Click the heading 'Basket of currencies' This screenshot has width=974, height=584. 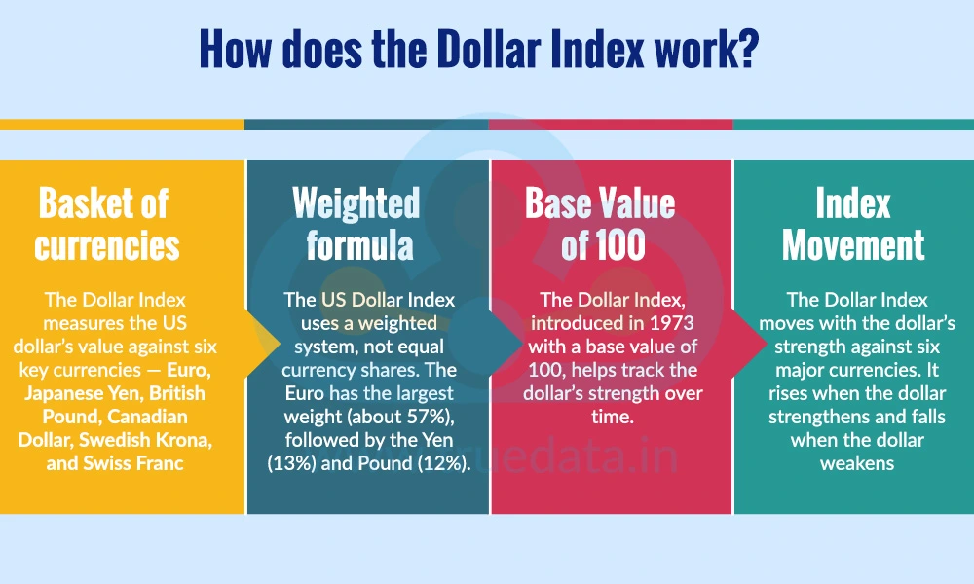(x=106, y=223)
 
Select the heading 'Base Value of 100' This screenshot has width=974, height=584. (x=601, y=223)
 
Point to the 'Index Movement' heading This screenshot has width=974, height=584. (x=853, y=223)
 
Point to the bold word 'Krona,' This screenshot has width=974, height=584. (x=186, y=439)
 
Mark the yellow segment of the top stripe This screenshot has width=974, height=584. (x=122, y=125)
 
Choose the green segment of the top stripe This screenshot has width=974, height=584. (x=853, y=125)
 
